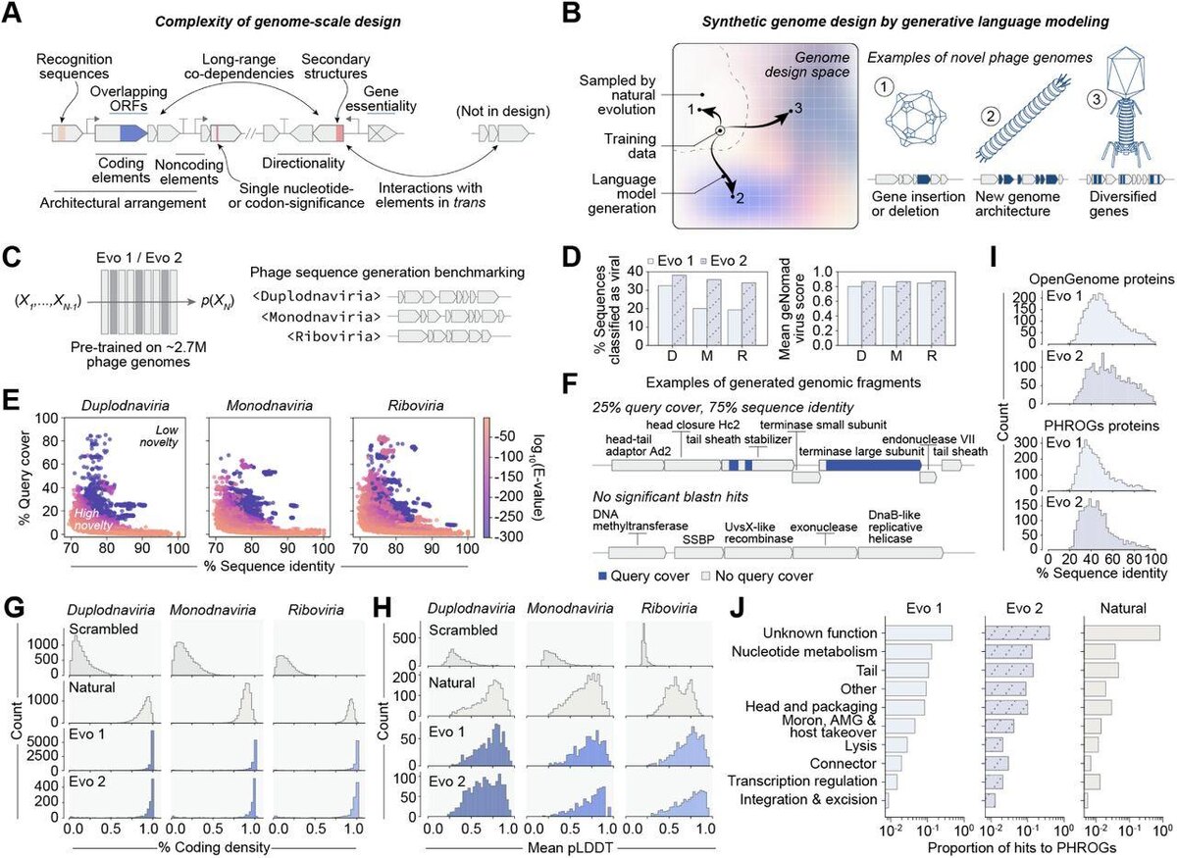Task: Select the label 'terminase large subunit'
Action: coord(863,450)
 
